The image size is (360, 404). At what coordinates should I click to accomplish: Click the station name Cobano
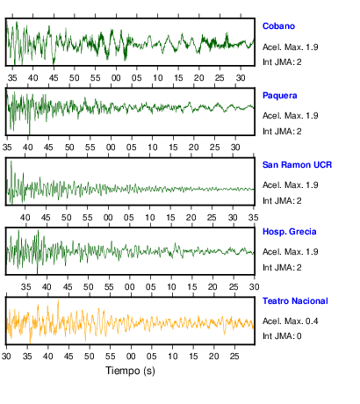point(278,26)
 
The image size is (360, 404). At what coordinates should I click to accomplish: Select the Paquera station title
point(279,96)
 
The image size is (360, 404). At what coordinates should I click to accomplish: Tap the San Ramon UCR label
point(297,165)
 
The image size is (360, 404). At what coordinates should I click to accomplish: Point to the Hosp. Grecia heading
point(289,232)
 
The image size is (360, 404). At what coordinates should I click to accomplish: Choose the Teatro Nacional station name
point(295,301)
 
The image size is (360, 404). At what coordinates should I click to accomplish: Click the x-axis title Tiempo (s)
point(130,371)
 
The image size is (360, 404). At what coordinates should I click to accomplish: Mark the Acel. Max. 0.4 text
point(290,321)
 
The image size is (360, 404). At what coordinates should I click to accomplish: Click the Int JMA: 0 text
point(282,336)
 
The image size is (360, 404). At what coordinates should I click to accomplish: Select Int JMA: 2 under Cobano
point(282,62)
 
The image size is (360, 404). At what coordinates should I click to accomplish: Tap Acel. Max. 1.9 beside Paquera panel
point(290,116)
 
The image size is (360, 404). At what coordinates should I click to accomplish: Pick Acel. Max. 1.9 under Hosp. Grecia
point(290,252)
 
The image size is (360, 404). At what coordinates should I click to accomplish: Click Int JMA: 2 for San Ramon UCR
point(282,201)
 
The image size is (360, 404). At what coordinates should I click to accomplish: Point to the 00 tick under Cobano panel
point(116,78)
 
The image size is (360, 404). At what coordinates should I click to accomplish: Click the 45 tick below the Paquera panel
point(48,148)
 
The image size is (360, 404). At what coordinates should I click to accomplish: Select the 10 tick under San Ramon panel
point(149,218)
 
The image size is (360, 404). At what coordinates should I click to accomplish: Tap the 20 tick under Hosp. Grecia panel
point(212,287)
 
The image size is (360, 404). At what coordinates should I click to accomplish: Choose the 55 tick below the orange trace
point(110,357)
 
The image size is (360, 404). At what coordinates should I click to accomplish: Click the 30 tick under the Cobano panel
point(241,78)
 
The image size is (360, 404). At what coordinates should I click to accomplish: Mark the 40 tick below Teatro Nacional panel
point(47,357)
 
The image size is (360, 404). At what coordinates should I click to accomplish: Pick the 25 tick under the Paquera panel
point(214,148)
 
